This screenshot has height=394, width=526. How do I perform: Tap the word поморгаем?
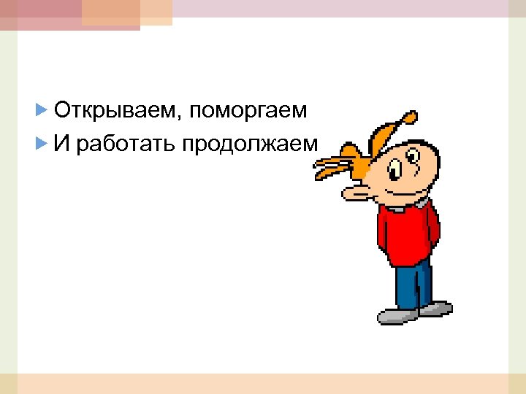tap(248, 111)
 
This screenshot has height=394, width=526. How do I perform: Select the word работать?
tap(125, 144)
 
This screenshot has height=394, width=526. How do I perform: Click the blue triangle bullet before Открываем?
tap(41, 111)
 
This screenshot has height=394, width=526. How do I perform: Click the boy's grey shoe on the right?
tap(435, 308)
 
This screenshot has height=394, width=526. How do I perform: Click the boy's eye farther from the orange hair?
tap(413, 156)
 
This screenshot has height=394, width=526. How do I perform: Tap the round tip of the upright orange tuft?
tap(411, 117)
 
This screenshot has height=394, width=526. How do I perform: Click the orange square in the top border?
tap(110, 12)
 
